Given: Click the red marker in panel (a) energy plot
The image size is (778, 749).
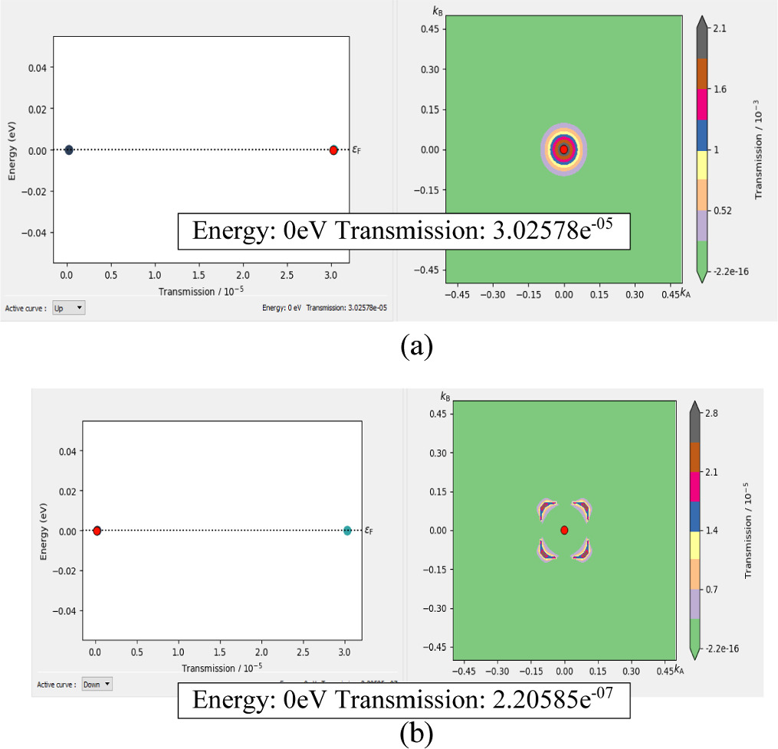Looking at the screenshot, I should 333,150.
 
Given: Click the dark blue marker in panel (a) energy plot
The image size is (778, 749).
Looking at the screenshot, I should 68,150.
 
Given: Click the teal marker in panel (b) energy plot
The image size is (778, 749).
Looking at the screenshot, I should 347,530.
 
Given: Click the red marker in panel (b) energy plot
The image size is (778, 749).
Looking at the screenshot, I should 97,530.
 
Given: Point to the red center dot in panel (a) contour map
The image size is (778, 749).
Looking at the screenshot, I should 564,149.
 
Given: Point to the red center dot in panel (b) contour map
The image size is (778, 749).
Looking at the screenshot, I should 564,530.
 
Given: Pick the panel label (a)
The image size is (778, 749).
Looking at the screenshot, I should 417,346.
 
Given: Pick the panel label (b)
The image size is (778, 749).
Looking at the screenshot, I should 417,734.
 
